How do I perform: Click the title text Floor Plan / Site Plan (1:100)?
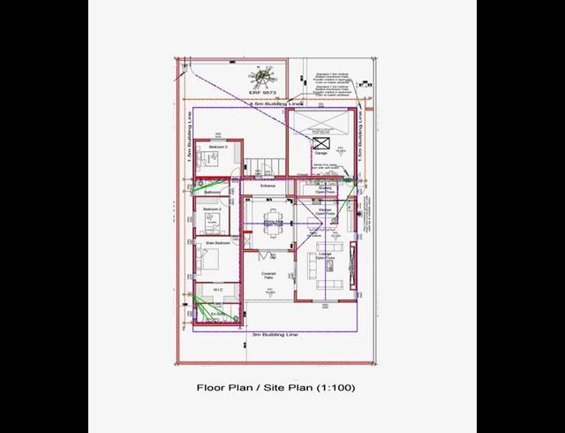click(x=275, y=387)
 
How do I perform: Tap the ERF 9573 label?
click(x=263, y=92)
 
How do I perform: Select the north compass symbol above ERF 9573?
click(x=263, y=76)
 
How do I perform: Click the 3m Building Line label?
click(x=275, y=336)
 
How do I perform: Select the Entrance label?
click(x=267, y=186)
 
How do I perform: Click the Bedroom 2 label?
click(x=212, y=209)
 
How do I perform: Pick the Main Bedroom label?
click(x=217, y=242)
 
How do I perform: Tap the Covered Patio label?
click(x=268, y=276)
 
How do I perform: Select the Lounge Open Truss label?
click(x=325, y=256)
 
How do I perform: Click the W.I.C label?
click(x=217, y=289)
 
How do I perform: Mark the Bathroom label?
click(x=212, y=192)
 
